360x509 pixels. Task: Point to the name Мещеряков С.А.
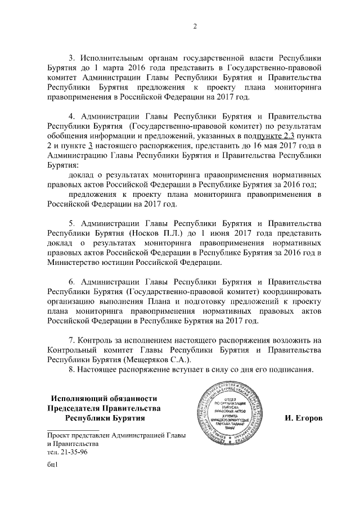(x=161, y=360)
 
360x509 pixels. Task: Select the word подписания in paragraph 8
(x=291, y=370)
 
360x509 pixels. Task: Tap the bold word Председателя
(x=76, y=408)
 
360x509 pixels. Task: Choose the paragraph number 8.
(x=71, y=370)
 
